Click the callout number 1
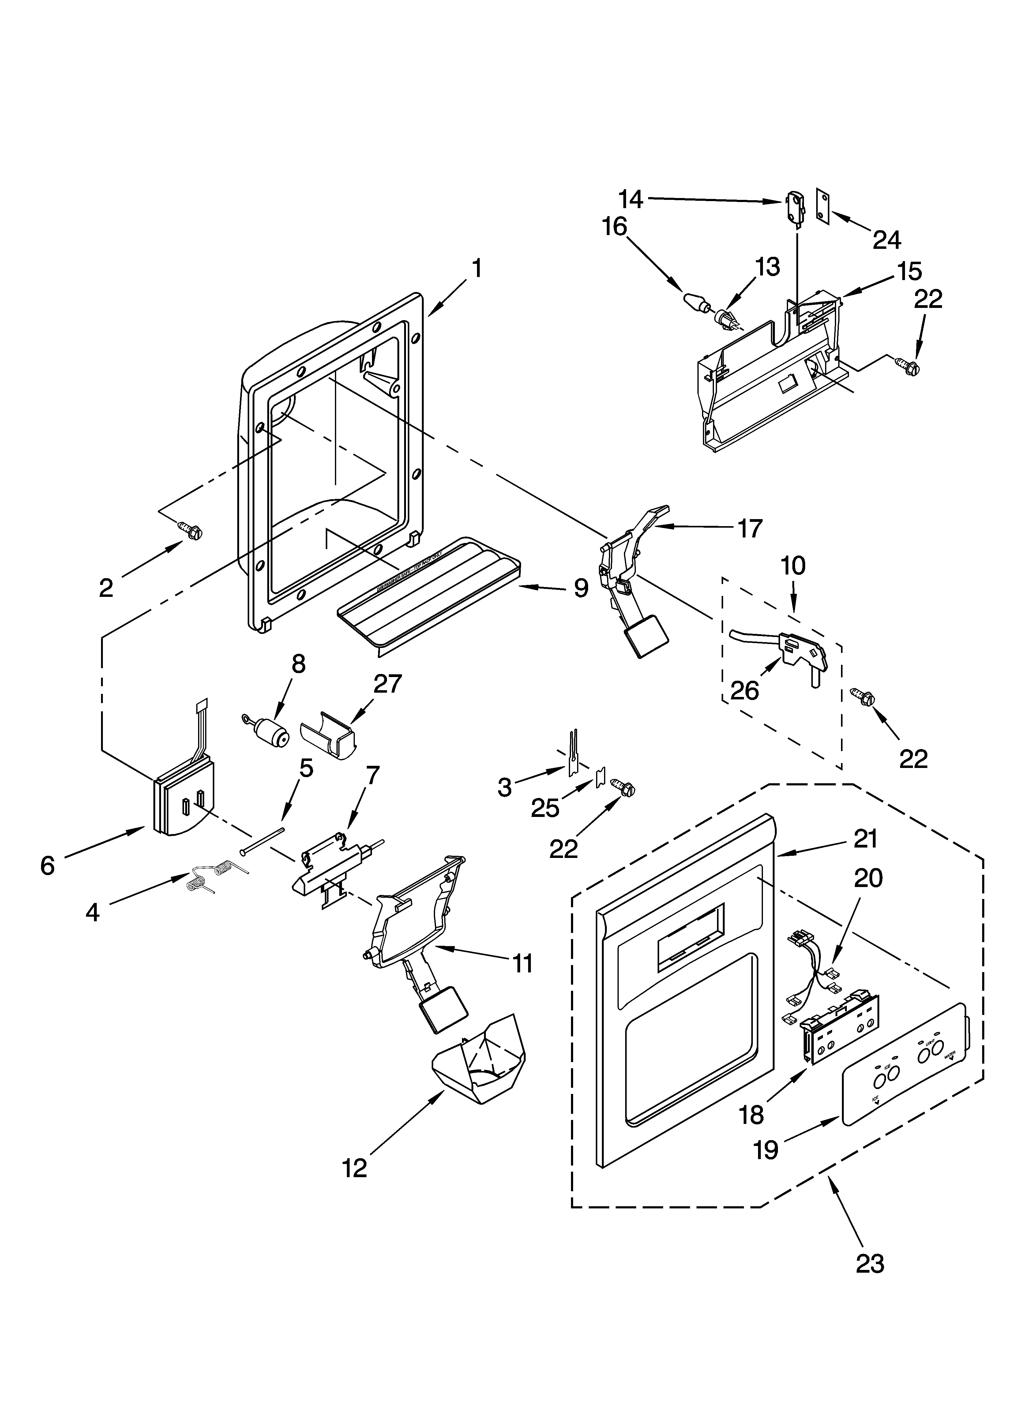476,269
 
